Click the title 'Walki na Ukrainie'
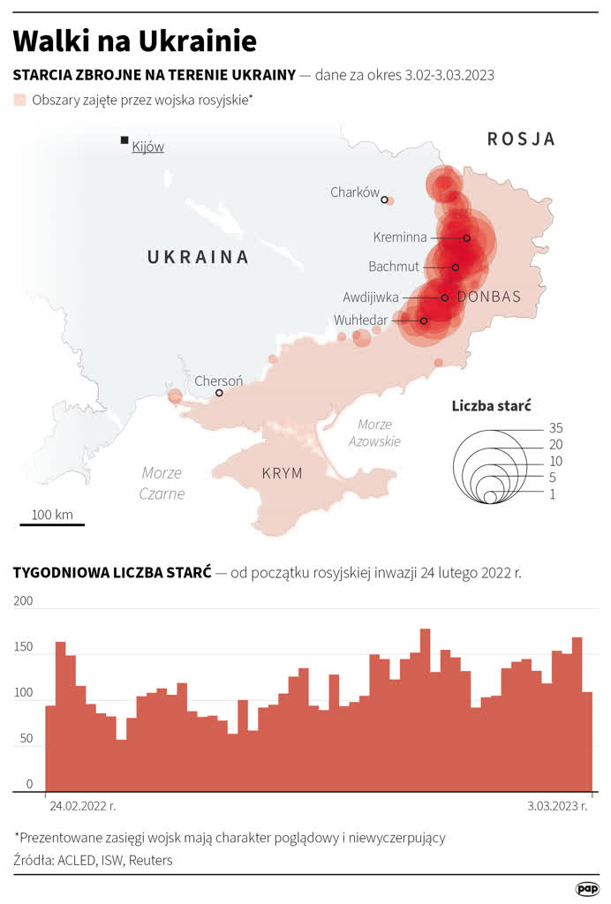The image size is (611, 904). click(135, 41)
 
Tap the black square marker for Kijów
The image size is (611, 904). click(125, 140)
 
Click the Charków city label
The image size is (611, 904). click(354, 192)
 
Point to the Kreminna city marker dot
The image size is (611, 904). click(466, 237)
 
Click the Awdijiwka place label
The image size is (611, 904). click(371, 298)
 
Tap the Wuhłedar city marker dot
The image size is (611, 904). click(424, 320)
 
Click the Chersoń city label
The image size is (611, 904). click(218, 381)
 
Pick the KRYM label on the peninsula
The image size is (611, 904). click(282, 474)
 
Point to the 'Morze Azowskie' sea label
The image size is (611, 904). click(373, 433)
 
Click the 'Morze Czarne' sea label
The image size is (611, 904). click(162, 483)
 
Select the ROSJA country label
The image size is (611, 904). click(521, 139)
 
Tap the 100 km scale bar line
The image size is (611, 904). click(52, 525)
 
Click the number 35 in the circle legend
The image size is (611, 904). click(554, 428)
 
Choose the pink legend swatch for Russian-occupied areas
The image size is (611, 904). click(19, 101)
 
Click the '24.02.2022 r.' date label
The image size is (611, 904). click(82, 806)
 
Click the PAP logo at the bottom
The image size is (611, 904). click(587, 888)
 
